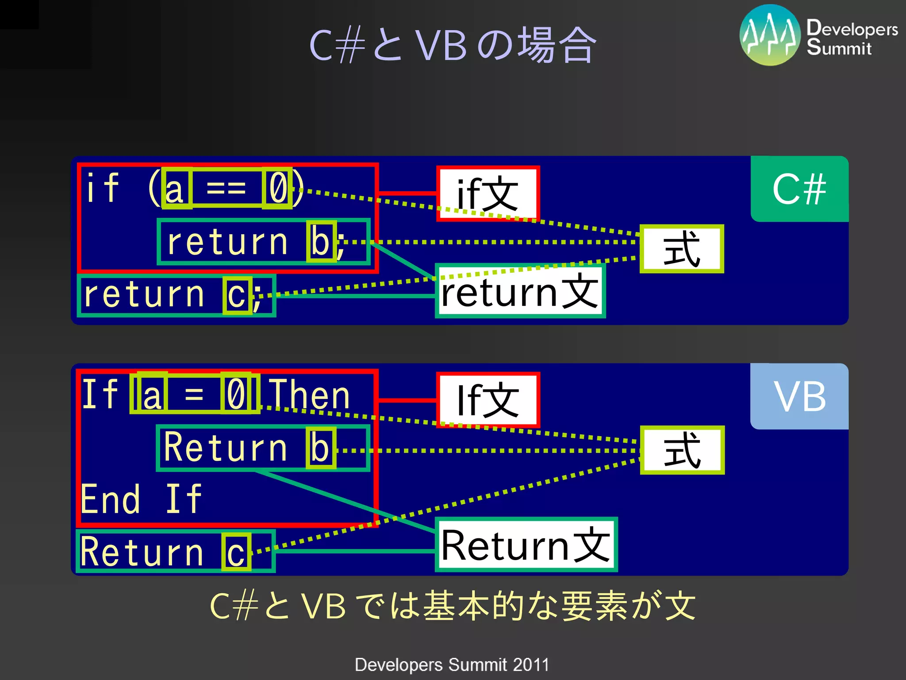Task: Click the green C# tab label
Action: pos(799,189)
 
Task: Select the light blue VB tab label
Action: pos(799,396)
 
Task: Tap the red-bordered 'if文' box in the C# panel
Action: pos(488,193)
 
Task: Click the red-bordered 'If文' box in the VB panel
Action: pos(488,400)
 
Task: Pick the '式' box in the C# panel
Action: pos(681,249)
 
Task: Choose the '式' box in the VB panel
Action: pos(682,450)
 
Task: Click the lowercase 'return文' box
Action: pos(520,291)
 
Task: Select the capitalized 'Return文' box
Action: pos(526,545)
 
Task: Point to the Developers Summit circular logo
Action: pos(770,35)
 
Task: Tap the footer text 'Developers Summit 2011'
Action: pos(452,665)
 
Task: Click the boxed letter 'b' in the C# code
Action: pos(321,241)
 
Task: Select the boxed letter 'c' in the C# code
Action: pos(237,295)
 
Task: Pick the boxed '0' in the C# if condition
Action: pos(278,188)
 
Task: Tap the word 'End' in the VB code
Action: pos(111,499)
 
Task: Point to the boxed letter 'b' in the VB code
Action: pos(320,448)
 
